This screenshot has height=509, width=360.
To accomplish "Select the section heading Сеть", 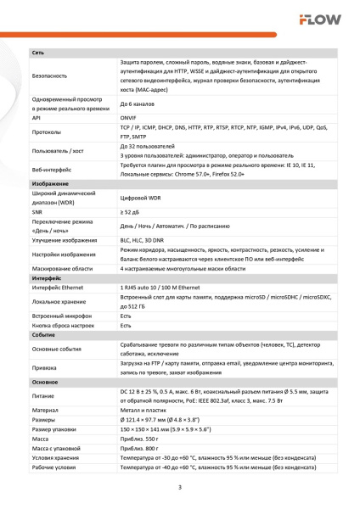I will (38, 53).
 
